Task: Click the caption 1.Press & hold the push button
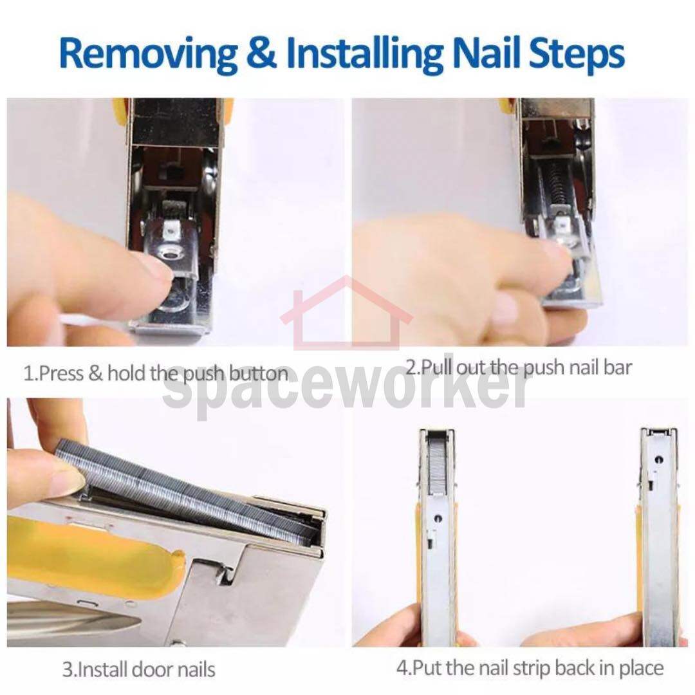pos(156,374)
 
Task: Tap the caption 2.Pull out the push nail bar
pos(519,368)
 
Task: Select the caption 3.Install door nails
pos(139,669)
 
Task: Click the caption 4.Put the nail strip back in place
pos(530,668)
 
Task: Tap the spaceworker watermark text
pos(346,390)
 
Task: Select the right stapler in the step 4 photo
pos(659,536)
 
